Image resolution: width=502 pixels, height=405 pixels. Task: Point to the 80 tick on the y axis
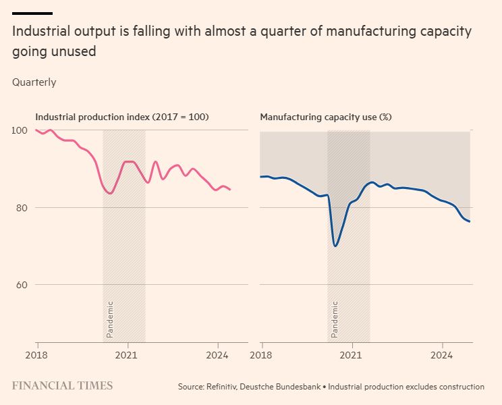(20, 208)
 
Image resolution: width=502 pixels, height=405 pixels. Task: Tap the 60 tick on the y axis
(20, 285)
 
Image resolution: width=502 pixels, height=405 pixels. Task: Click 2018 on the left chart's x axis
(36, 355)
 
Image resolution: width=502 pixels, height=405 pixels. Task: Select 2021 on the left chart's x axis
(127, 355)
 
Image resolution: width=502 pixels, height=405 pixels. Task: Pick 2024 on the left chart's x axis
(217, 355)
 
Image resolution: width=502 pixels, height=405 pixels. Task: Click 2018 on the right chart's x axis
(261, 355)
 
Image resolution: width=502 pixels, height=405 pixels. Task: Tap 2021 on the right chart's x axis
(352, 355)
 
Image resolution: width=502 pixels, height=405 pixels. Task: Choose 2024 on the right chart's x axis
(442, 355)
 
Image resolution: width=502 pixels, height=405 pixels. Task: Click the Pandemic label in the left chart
(110, 319)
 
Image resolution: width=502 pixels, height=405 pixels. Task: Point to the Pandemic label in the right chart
(335, 319)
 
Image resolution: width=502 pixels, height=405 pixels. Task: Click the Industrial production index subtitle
(122, 117)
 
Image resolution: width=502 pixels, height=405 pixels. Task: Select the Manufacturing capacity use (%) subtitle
(326, 117)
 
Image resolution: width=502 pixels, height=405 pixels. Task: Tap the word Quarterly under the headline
(34, 82)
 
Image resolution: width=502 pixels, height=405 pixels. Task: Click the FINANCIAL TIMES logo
(62, 386)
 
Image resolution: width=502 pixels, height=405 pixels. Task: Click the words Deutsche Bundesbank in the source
(285, 387)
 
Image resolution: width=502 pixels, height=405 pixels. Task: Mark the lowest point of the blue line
(335, 246)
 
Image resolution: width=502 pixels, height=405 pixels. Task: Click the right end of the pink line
(230, 190)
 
